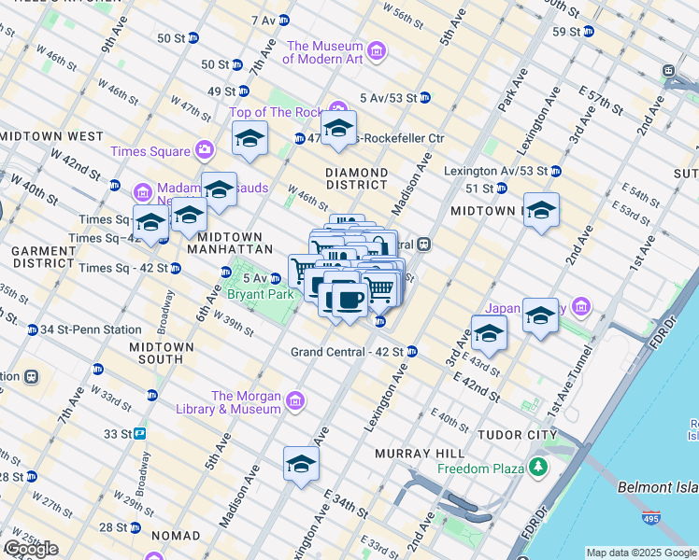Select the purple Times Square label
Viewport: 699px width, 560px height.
tap(150, 151)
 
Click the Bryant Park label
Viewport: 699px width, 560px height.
tap(261, 294)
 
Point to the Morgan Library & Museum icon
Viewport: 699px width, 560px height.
tap(295, 401)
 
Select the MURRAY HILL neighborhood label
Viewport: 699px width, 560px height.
tap(413, 454)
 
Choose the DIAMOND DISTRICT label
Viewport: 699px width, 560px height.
tap(356, 180)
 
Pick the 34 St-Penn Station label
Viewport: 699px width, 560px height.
tap(90, 329)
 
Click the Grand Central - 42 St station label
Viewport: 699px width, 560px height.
tap(347, 352)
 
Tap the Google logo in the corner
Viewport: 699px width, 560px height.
tap(31, 548)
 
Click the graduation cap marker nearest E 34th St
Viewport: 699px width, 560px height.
tap(302, 463)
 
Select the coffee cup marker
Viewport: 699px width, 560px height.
tap(349, 300)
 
